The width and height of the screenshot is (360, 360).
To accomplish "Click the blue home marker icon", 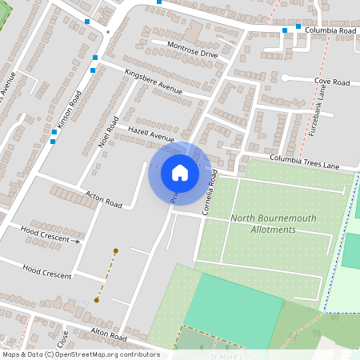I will click(x=180, y=172).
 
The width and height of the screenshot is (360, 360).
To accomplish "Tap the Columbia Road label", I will click(x=330, y=30).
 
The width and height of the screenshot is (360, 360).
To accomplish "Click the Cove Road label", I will click(x=332, y=82).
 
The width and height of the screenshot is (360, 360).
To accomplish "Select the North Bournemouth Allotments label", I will click(x=262, y=224).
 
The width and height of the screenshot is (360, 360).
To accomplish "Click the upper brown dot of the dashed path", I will click(x=116, y=251).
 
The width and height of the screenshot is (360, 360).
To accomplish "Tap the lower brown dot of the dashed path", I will click(x=97, y=300).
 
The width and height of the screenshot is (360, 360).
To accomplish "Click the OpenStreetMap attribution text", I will click(x=80, y=354).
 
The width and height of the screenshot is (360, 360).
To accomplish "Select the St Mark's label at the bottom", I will click(x=225, y=355).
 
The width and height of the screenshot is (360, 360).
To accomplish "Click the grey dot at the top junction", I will click(x=108, y=33).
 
